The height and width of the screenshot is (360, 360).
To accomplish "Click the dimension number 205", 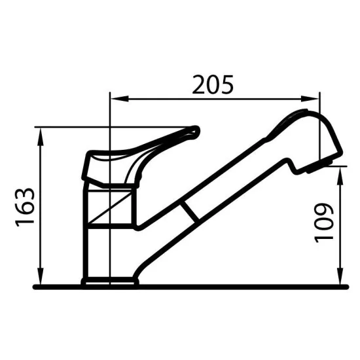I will (212, 84).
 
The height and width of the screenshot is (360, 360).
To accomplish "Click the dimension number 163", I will (25, 207).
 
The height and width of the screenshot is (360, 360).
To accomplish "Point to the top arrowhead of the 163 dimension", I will (41, 133).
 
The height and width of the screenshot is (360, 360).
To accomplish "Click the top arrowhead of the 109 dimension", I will (341, 170).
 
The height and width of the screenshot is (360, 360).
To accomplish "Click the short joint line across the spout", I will (190, 211).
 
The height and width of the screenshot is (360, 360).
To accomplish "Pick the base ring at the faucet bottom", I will (110, 283).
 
